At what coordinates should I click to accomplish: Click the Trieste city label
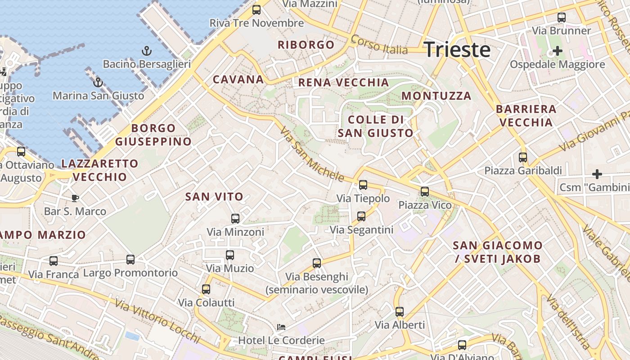[x=457, y=49]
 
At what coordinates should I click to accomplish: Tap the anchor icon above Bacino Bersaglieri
[x=147, y=51]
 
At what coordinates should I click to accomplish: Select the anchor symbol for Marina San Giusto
[x=98, y=82]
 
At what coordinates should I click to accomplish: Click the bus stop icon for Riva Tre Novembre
[x=256, y=9]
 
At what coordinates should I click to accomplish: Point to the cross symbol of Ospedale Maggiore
[x=557, y=51]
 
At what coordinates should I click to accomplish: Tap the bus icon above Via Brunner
[x=561, y=18]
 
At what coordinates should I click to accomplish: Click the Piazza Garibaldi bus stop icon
[x=522, y=157]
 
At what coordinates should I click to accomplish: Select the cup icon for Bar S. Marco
[x=75, y=198]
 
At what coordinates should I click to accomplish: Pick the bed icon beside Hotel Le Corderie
[x=281, y=327]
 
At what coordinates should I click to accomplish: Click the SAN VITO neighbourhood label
[x=214, y=197]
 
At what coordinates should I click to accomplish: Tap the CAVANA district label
[x=238, y=80]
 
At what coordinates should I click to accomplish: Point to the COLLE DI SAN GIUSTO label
[x=375, y=126]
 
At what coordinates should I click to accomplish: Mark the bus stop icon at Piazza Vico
[x=424, y=192]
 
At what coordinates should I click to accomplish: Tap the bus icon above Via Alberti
[x=399, y=311]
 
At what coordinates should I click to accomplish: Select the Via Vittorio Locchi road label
[x=157, y=320]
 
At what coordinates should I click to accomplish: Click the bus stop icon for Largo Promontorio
[x=130, y=259]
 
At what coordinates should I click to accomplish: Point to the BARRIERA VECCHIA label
[x=526, y=116]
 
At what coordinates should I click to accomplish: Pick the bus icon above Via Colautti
[x=206, y=289]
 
